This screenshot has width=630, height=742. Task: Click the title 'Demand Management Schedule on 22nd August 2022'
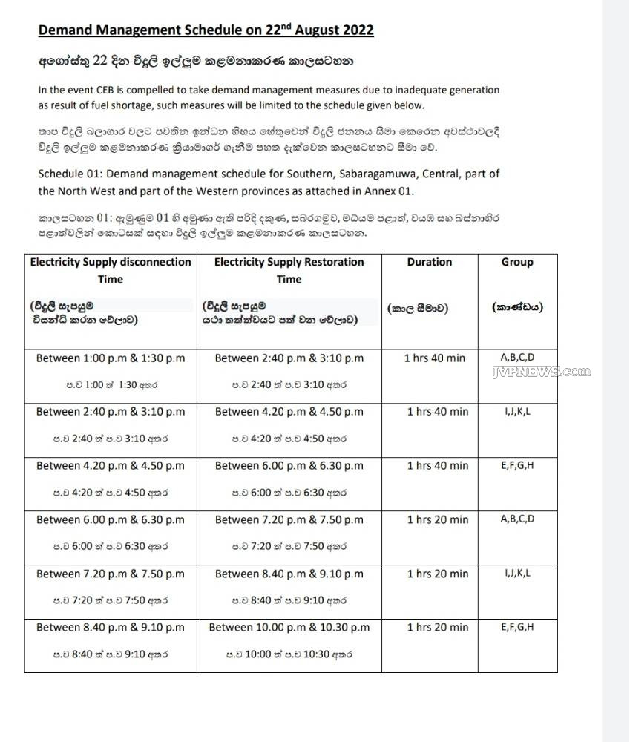click(206, 30)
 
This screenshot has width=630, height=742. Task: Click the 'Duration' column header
click(429, 262)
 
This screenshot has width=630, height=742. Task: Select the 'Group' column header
click(517, 262)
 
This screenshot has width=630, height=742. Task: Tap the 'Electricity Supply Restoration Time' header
click(289, 270)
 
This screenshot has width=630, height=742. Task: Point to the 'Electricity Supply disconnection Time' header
click(111, 270)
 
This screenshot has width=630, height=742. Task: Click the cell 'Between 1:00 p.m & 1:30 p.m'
click(111, 358)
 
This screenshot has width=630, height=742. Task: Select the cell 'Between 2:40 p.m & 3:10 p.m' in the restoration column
click(289, 358)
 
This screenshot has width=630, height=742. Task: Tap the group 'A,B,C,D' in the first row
click(517, 357)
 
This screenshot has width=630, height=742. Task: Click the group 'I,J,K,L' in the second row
click(517, 410)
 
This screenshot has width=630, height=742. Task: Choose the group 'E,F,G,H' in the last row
click(517, 627)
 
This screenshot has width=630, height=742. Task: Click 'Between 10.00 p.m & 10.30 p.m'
click(289, 628)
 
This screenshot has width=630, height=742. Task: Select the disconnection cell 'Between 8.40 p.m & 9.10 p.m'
click(111, 628)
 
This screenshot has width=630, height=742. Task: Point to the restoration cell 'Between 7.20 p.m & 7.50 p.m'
click(289, 520)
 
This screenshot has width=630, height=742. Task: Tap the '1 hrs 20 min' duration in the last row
click(437, 628)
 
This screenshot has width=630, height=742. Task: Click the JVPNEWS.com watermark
click(541, 372)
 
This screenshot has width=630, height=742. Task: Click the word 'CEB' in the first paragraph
click(114, 90)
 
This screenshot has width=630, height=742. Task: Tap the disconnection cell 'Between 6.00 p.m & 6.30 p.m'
click(111, 520)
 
